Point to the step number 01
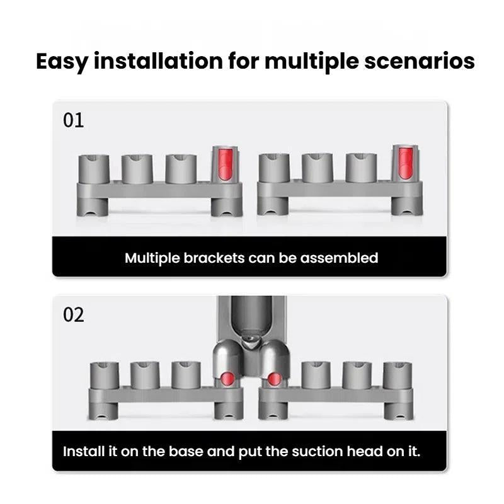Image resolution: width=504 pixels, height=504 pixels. [x=73, y=120]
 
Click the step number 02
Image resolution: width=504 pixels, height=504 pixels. [x=73, y=314]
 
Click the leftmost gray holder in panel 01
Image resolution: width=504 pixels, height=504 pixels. [x=94, y=168]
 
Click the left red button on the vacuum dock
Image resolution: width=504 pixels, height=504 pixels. [x=227, y=378]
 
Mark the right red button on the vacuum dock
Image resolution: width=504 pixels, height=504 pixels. [x=274, y=378]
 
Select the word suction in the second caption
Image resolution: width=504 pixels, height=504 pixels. [x=323, y=452]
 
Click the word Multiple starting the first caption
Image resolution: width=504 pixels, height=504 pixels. [x=150, y=258]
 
